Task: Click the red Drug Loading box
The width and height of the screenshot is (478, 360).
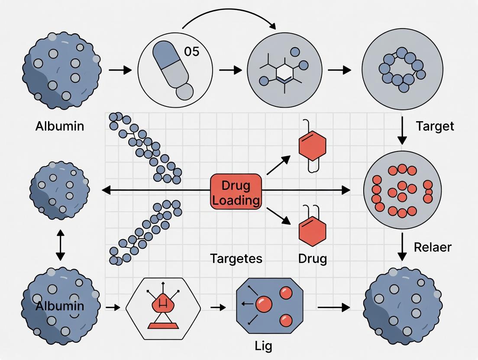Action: pyautogui.click(x=236, y=192)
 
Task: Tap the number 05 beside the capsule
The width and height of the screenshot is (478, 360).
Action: pyautogui.click(x=191, y=51)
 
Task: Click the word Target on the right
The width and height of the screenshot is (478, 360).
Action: pyautogui.click(x=435, y=126)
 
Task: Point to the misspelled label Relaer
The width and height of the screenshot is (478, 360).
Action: pyautogui.click(x=433, y=247)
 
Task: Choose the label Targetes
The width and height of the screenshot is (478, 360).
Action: pyautogui.click(x=236, y=259)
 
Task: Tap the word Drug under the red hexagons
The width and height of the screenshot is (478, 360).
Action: pyautogui.click(x=312, y=259)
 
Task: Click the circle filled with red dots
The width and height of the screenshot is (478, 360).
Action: pyautogui.click(x=402, y=191)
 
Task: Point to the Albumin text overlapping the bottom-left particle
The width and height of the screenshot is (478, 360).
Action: pyautogui.click(x=60, y=306)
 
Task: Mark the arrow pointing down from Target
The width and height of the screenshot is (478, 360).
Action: pyautogui.click(x=402, y=130)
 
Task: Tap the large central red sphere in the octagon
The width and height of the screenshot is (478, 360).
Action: pyautogui.click(x=264, y=304)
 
